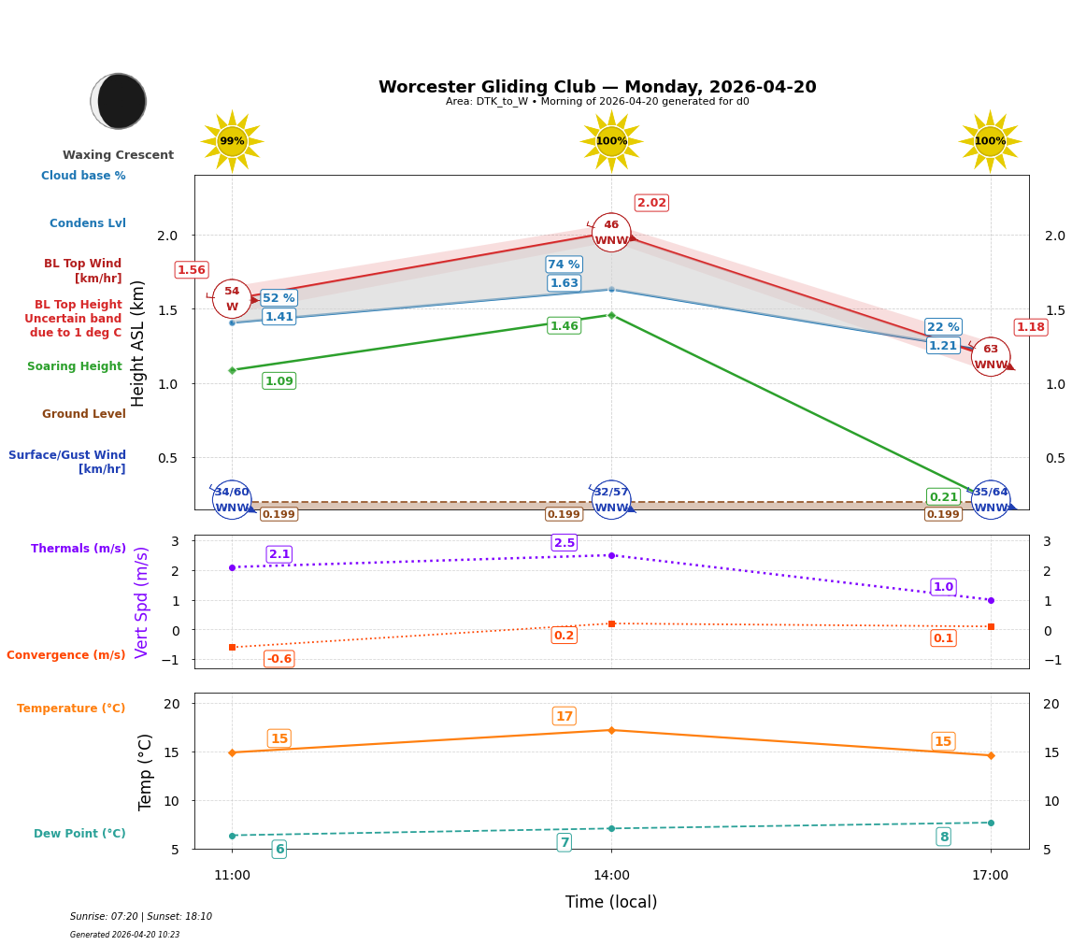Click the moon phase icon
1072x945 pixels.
pyautogui.click(x=119, y=101)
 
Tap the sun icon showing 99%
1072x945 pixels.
pyautogui.click(x=232, y=141)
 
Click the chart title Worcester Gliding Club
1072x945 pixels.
pyautogui.click(x=596, y=87)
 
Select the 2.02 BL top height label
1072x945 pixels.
pyautogui.click(x=651, y=203)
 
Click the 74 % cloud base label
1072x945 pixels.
pyautogui.click(x=564, y=265)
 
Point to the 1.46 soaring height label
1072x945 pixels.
pyautogui.click(x=564, y=326)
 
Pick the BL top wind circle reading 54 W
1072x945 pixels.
pyautogui.click(x=232, y=299)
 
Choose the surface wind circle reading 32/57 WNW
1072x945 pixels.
pyautogui.click(x=611, y=500)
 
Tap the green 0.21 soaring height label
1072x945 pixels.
pyautogui.click(x=943, y=497)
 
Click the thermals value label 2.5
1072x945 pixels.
pyautogui.click(x=565, y=543)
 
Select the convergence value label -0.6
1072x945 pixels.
pyautogui.click(x=279, y=659)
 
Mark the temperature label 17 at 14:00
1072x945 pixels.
pyautogui.click(x=565, y=716)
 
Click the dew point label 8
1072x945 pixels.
pyautogui.click(x=943, y=837)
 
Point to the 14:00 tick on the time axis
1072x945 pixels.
pyautogui.click(x=611, y=876)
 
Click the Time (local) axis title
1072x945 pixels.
pyautogui.click(x=611, y=902)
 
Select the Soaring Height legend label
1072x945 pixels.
pyautogui.click(x=75, y=366)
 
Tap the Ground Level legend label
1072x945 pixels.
pyautogui.click(x=83, y=414)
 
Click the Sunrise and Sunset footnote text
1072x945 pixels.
pyautogui.click(x=141, y=917)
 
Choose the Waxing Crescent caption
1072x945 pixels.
pyautogui.click(x=118, y=155)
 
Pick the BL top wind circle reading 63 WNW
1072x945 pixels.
pyautogui.click(x=991, y=357)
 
